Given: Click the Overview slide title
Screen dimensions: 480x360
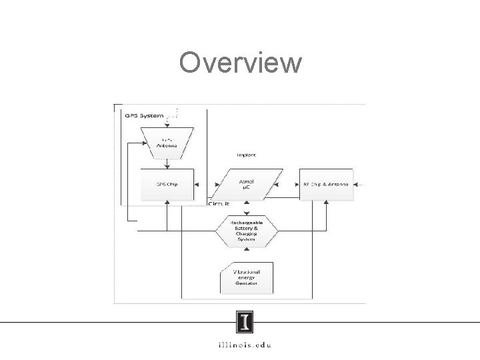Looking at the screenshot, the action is (240, 63).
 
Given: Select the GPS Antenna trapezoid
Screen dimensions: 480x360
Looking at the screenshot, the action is (167, 142).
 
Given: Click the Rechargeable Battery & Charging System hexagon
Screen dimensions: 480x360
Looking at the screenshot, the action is (247, 231).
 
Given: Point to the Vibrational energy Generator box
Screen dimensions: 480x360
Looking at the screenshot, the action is (246, 278).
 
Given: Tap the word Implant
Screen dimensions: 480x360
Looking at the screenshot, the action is (245, 154).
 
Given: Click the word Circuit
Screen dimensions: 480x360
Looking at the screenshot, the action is (219, 203).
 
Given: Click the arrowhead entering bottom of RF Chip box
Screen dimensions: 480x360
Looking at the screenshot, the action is (325, 203).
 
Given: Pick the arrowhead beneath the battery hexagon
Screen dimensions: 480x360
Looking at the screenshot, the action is (247, 249).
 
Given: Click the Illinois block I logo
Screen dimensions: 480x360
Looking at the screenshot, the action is (245, 323).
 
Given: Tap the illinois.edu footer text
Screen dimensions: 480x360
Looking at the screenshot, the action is (245, 345).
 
